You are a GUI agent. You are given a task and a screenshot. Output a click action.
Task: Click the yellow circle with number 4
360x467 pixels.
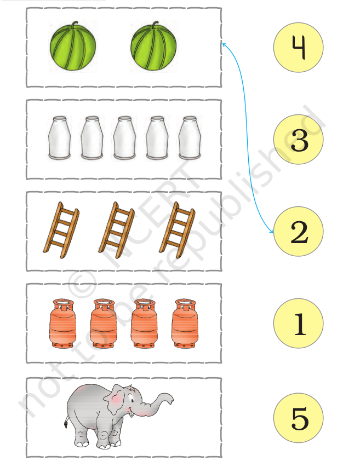298,47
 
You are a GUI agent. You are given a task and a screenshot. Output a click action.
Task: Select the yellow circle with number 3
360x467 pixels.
298,139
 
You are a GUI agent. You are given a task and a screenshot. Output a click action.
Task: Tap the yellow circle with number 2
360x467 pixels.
298,232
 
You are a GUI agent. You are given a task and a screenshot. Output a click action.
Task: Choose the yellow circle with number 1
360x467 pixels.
298,323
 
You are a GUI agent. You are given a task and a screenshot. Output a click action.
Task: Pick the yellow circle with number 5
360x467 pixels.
298,418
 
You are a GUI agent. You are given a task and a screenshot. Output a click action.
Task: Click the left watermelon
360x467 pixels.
73,46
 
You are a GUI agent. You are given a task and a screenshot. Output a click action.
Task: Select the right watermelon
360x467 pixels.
153,46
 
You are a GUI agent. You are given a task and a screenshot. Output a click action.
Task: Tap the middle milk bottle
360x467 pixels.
124,137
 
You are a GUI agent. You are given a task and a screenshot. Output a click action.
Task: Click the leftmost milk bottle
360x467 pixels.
60,137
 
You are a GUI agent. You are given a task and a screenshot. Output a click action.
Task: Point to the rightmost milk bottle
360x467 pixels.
190,137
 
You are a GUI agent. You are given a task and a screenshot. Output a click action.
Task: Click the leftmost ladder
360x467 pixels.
61,230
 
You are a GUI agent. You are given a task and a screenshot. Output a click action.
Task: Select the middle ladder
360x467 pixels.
117,230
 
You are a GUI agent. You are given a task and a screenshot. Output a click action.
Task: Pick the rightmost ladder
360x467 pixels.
178,230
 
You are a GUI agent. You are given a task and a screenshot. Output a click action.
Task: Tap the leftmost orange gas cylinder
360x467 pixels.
62,324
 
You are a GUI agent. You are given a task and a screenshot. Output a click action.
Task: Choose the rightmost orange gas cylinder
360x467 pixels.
185,324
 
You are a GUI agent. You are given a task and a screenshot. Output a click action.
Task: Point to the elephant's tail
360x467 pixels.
66,420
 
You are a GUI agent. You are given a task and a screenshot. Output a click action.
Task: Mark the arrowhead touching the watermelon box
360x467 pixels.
224,45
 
